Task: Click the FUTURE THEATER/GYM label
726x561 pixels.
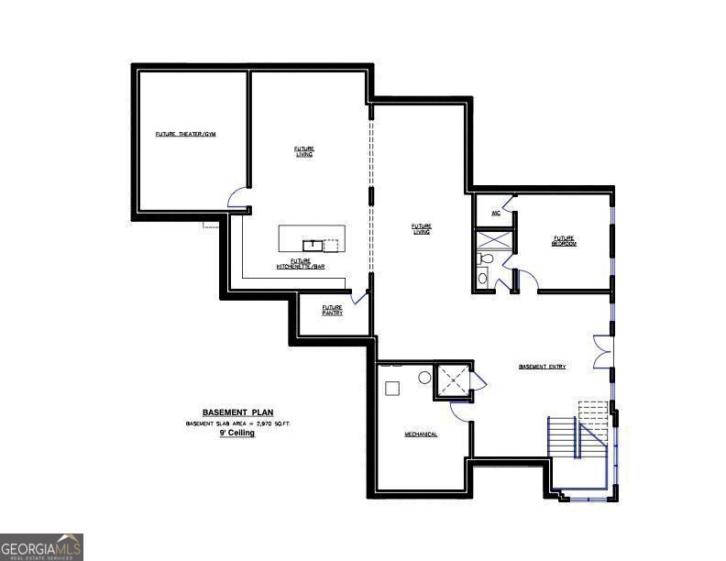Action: click(x=185, y=135)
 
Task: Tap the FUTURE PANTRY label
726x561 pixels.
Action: click(x=332, y=310)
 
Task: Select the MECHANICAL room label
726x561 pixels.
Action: click(x=421, y=434)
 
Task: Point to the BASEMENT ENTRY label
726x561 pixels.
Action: click(x=542, y=367)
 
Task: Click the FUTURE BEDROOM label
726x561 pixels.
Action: click(x=564, y=240)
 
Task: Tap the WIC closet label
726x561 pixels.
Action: click(x=495, y=213)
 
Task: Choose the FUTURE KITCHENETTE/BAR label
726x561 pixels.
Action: click(x=301, y=264)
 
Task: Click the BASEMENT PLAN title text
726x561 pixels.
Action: click(x=237, y=412)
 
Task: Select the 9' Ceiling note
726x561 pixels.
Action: click(x=236, y=433)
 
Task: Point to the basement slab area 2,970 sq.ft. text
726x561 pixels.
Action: click(x=237, y=423)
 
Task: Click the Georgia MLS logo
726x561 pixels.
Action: click(x=42, y=546)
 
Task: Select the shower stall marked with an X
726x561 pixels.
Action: click(x=494, y=240)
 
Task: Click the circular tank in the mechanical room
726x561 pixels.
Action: click(x=425, y=377)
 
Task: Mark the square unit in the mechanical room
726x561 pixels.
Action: click(x=392, y=388)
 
